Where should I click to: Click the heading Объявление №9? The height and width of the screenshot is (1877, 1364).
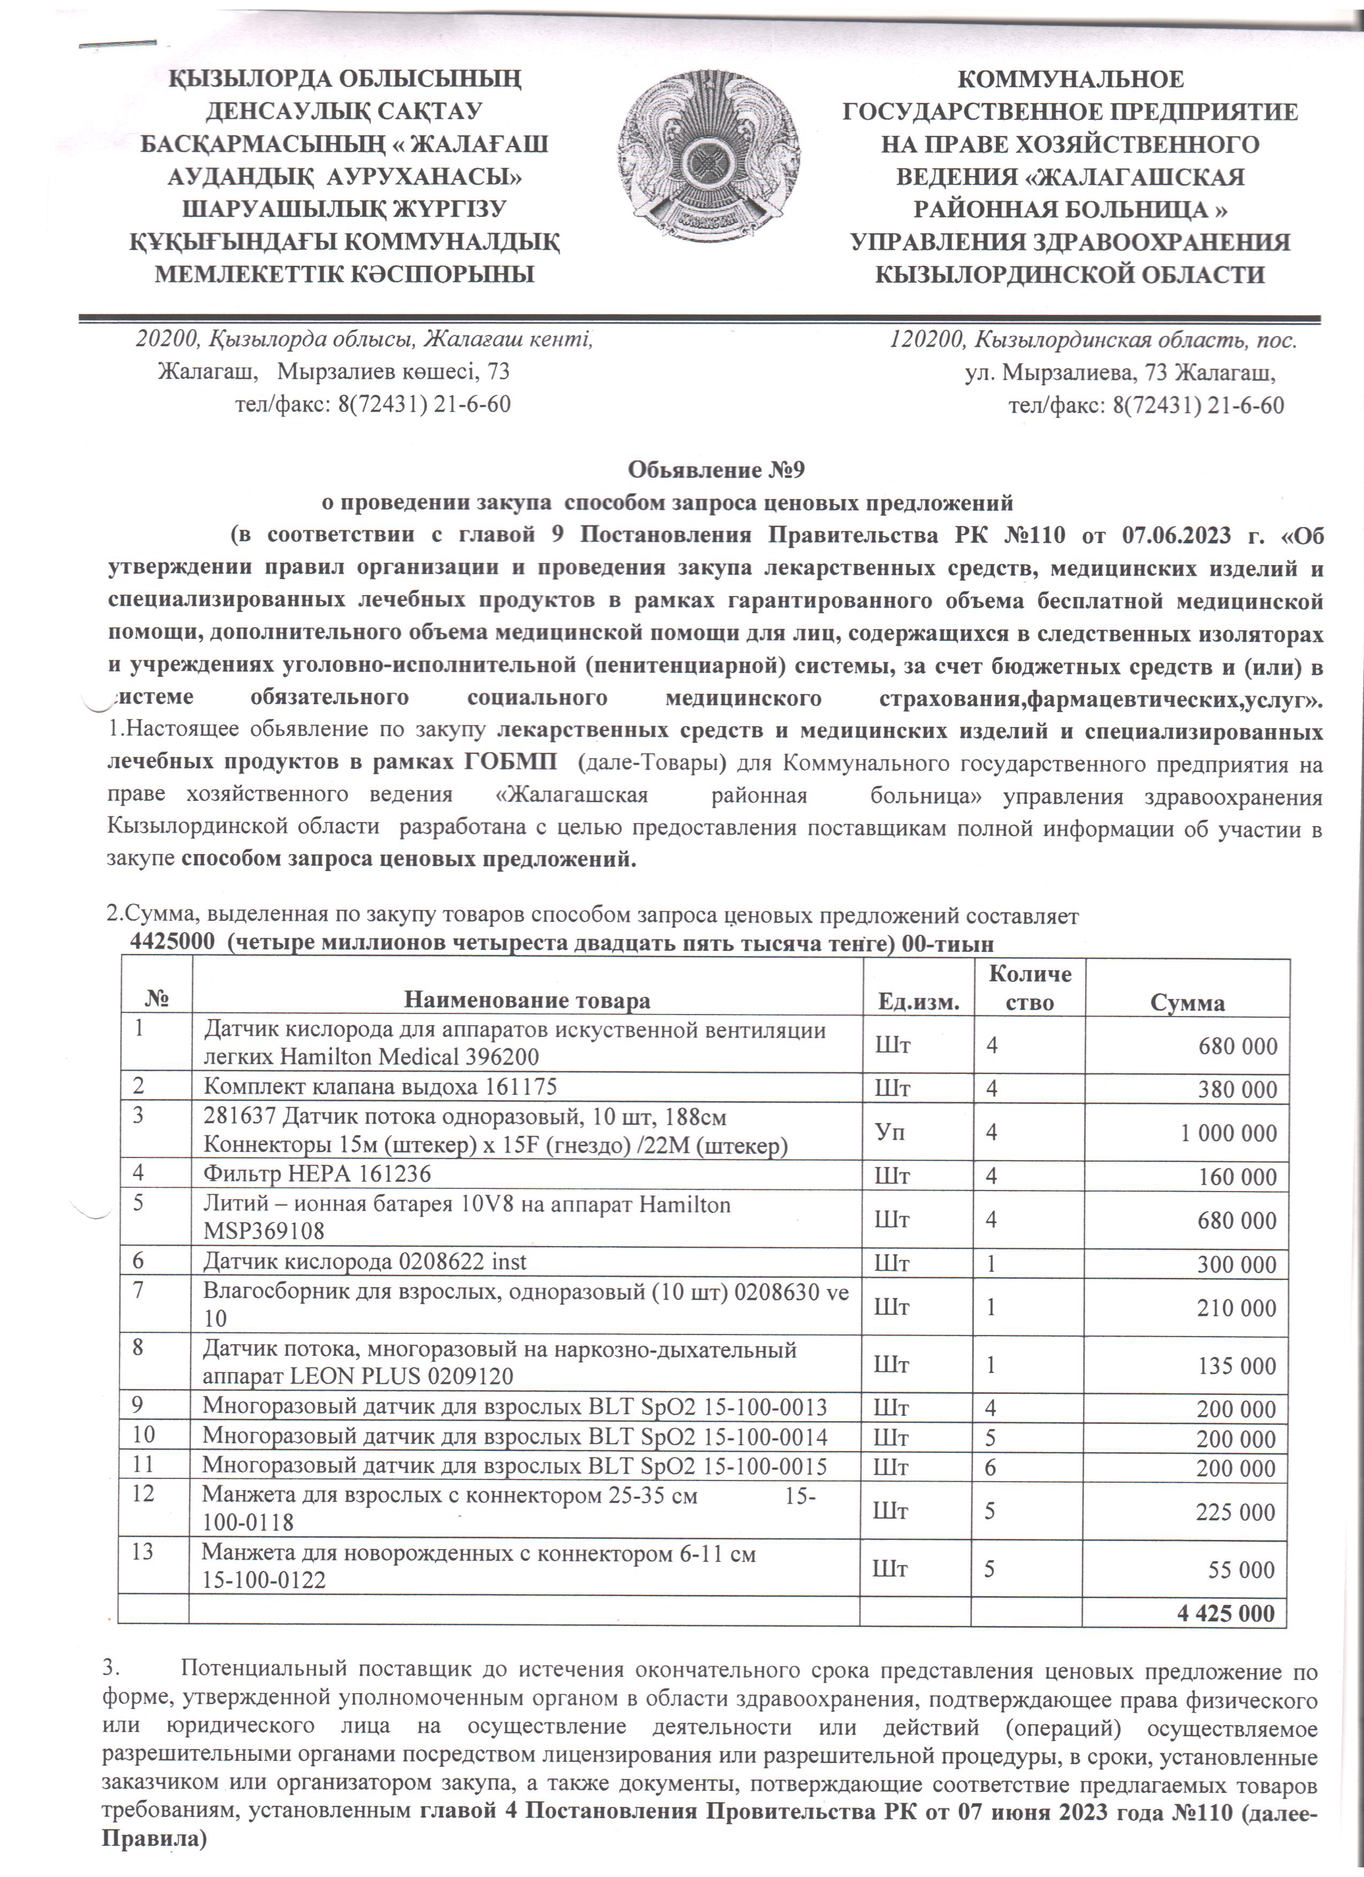coord(716,471)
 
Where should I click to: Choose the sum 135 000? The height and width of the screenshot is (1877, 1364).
coord(1237,1365)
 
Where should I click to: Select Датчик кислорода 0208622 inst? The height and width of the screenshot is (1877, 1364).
coord(365,1261)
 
